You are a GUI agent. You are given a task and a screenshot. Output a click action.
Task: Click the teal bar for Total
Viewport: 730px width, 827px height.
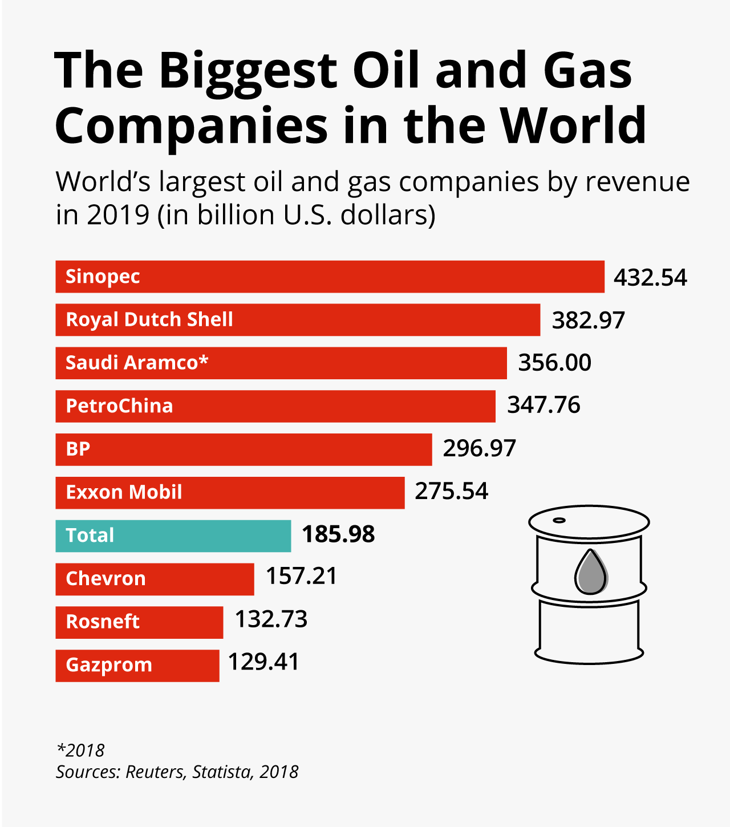(x=173, y=536)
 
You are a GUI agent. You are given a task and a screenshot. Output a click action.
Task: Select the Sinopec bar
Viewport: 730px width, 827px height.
(x=330, y=277)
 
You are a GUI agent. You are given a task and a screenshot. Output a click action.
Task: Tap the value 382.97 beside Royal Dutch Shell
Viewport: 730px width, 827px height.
(x=588, y=320)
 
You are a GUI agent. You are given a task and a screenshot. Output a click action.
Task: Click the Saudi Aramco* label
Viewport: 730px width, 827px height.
(x=137, y=363)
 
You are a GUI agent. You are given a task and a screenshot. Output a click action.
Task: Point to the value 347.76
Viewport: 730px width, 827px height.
(x=544, y=405)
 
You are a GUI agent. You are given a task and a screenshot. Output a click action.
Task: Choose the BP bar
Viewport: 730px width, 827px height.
(x=244, y=449)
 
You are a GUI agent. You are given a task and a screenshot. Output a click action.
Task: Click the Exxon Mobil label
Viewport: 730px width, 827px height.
(x=124, y=492)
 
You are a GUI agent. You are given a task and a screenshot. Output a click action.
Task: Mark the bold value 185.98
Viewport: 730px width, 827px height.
(x=338, y=534)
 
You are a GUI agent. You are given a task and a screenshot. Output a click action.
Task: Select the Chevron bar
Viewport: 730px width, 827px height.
(x=155, y=579)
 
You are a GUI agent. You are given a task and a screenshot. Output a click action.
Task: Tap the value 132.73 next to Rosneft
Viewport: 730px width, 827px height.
(x=271, y=619)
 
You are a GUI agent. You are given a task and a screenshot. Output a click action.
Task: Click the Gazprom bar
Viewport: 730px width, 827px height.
(x=137, y=666)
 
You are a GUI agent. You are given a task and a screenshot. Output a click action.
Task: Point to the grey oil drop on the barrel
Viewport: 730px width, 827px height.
(x=590, y=573)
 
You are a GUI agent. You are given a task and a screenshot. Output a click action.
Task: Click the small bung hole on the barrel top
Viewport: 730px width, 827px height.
(x=559, y=520)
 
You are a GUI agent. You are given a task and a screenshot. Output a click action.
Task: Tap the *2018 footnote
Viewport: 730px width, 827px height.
(x=80, y=750)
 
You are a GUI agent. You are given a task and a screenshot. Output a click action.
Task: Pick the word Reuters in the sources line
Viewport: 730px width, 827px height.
(x=155, y=772)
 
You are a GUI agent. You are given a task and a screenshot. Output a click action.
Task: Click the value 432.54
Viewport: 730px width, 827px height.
(x=650, y=278)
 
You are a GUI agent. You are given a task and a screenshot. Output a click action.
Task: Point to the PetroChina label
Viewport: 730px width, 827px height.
(x=119, y=406)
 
